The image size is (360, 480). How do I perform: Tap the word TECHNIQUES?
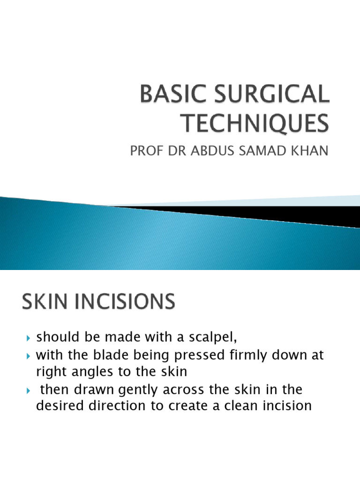coord(255,125)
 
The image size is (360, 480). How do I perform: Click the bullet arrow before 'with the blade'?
coord(29,355)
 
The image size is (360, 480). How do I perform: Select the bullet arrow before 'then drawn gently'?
coord(29,390)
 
